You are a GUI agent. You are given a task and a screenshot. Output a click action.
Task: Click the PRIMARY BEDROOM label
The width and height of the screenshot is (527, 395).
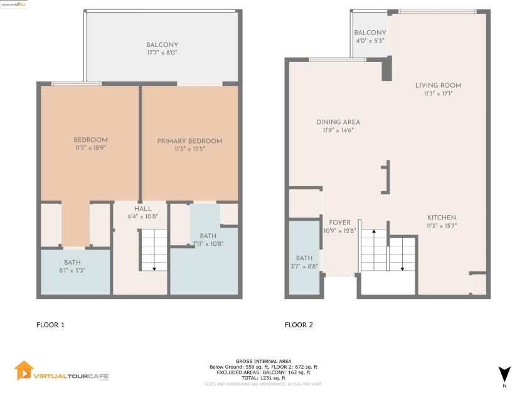[x=189, y=141]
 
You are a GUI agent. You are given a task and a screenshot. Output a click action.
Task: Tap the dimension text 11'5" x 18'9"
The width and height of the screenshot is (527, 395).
[x=90, y=148]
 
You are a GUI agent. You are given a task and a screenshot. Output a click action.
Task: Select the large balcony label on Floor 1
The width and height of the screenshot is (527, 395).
[x=162, y=45]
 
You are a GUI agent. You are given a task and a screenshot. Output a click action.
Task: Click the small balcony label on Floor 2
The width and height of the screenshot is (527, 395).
[x=370, y=33]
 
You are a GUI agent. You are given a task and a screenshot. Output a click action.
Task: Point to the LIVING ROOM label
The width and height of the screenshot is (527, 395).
[x=438, y=85]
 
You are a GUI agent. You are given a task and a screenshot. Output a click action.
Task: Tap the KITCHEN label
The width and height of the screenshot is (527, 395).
[x=441, y=218]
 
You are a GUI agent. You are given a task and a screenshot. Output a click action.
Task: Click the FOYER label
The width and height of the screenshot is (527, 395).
[x=339, y=222]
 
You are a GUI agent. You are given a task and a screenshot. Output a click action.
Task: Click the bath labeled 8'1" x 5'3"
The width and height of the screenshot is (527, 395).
[x=72, y=270]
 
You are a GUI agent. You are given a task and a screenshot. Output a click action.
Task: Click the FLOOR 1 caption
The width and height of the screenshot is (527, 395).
[x=50, y=325]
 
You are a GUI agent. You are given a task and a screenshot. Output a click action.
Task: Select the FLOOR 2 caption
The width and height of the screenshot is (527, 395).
[x=299, y=325]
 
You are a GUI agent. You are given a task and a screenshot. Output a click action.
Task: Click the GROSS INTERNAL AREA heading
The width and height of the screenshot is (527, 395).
[x=263, y=361]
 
